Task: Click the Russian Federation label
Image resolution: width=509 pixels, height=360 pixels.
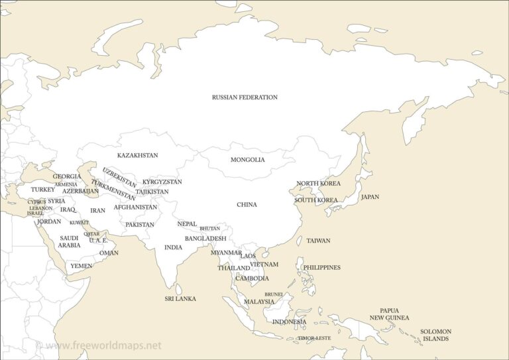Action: [x=245, y=97]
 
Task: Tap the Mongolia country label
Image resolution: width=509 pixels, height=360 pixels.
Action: [x=247, y=160]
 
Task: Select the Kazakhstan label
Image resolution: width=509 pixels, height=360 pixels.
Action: [x=137, y=156]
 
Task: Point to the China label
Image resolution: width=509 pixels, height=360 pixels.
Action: [x=247, y=205]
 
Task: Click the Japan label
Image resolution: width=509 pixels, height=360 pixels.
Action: [x=370, y=197]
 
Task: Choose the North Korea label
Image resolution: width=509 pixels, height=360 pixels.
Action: [x=318, y=184]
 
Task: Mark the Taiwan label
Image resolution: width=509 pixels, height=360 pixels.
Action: [x=318, y=241]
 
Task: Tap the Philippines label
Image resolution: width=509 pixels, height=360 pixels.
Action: [x=321, y=268]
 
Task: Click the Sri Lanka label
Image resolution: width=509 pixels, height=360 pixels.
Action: [x=180, y=299]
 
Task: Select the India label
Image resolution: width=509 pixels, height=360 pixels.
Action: [x=173, y=247]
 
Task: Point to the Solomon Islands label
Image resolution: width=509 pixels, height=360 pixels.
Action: [x=435, y=335]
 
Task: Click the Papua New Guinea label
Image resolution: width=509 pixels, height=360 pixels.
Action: [x=389, y=314]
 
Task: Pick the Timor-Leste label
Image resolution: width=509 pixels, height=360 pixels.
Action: [x=313, y=338]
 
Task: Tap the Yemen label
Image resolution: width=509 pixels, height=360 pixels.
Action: [x=82, y=266]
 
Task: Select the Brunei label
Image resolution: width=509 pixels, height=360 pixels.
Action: [x=274, y=294]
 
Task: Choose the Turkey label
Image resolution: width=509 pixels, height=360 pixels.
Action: [x=43, y=190]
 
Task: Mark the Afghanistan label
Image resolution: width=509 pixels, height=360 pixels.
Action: [x=135, y=208]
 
